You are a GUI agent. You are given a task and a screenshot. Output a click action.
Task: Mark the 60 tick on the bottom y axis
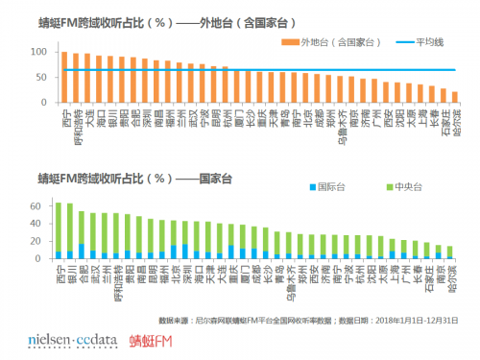click(x=48, y=206)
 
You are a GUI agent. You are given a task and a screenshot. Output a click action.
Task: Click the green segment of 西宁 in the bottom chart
click(x=59, y=227)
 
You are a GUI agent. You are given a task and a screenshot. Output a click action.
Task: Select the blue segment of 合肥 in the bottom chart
click(x=82, y=252)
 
